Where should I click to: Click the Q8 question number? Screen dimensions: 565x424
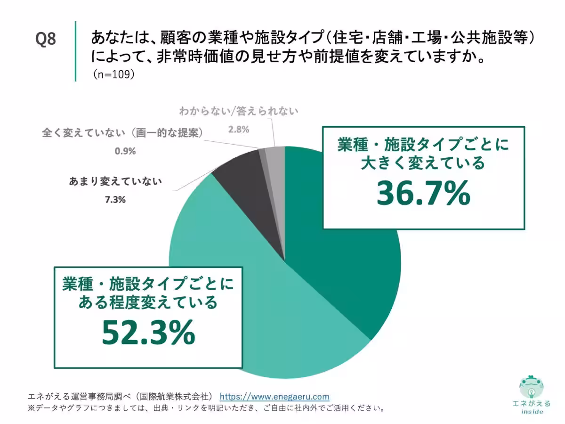[46, 39]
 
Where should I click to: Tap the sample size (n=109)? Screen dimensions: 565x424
[113, 74]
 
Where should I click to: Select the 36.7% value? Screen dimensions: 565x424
[423, 193]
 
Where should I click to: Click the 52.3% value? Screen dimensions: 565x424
[148, 332]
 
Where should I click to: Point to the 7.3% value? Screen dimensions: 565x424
[115, 199]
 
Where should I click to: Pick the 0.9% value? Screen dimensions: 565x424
[125, 151]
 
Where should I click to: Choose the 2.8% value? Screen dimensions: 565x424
[239, 129]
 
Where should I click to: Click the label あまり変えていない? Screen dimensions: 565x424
[115, 181]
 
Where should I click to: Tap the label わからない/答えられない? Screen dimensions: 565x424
[239, 111]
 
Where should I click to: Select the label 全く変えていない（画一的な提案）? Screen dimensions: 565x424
[122, 133]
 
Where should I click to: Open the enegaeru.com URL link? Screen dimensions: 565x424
[274, 397]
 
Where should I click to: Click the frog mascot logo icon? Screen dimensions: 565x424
[532, 387]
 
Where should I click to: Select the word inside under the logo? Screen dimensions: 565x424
[532, 412]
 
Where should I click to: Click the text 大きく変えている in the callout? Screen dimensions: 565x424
[423, 163]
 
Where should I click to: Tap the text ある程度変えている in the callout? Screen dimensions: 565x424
[148, 302]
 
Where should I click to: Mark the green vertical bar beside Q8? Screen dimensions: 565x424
[75, 51]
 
